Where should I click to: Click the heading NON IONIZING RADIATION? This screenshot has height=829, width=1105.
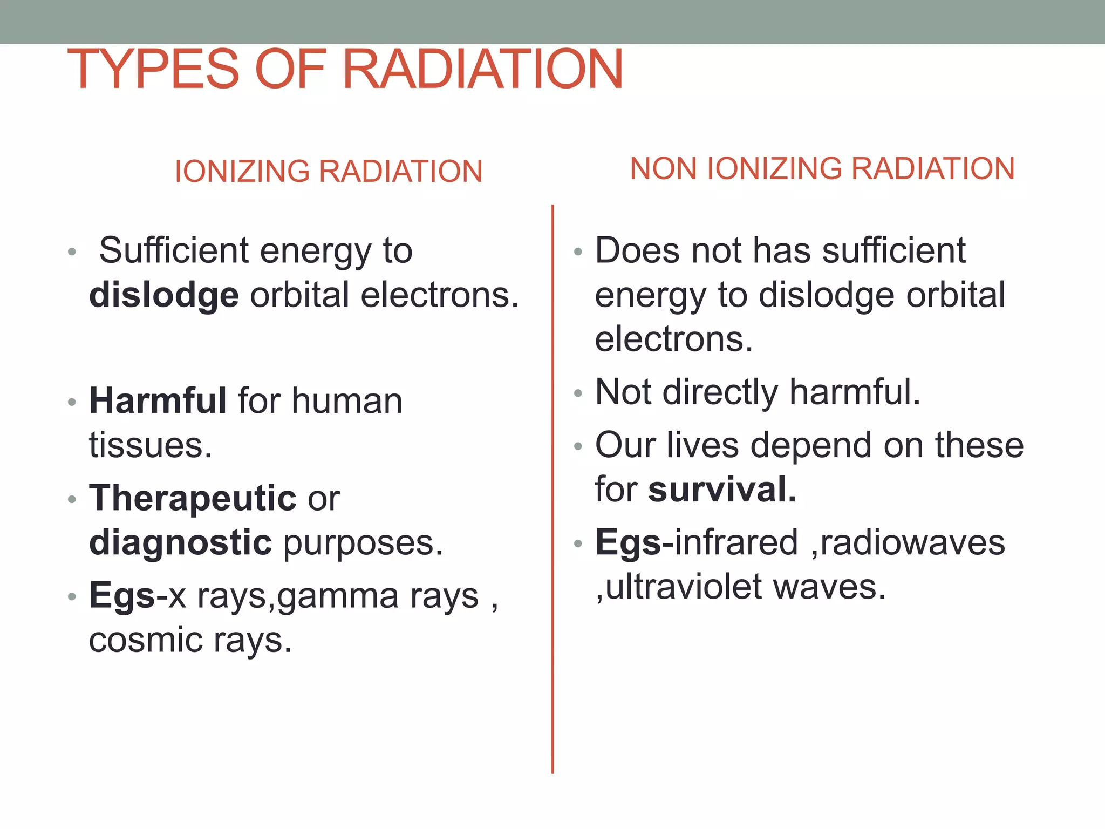pyautogui.click(x=822, y=168)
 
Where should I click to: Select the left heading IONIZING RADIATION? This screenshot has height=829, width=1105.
pyautogui.click(x=328, y=171)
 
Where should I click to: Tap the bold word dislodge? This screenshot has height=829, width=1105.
pyautogui.click(x=163, y=295)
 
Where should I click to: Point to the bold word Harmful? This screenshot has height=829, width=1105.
pyautogui.click(x=158, y=401)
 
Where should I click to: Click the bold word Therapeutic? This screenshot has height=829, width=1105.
pyautogui.click(x=193, y=498)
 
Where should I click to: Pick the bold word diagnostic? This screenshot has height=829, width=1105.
pyautogui.click(x=180, y=542)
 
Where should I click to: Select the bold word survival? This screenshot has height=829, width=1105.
pyautogui.click(x=722, y=490)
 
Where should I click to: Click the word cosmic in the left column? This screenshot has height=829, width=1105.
pyautogui.click(x=145, y=640)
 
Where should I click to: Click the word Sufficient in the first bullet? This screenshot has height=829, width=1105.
pyautogui.click(x=174, y=250)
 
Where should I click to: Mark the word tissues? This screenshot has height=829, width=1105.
pyautogui.click(x=150, y=445)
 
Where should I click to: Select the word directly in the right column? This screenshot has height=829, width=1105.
pyautogui.click(x=720, y=392)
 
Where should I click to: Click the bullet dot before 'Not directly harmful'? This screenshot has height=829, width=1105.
pyautogui.click(x=578, y=393)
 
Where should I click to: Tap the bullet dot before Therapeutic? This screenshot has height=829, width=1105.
pyautogui.click(x=72, y=499)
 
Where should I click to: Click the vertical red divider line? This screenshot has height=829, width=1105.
pyautogui.click(x=552, y=486)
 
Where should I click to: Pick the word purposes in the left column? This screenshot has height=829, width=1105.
pyautogui.click(x=363, y=543)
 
